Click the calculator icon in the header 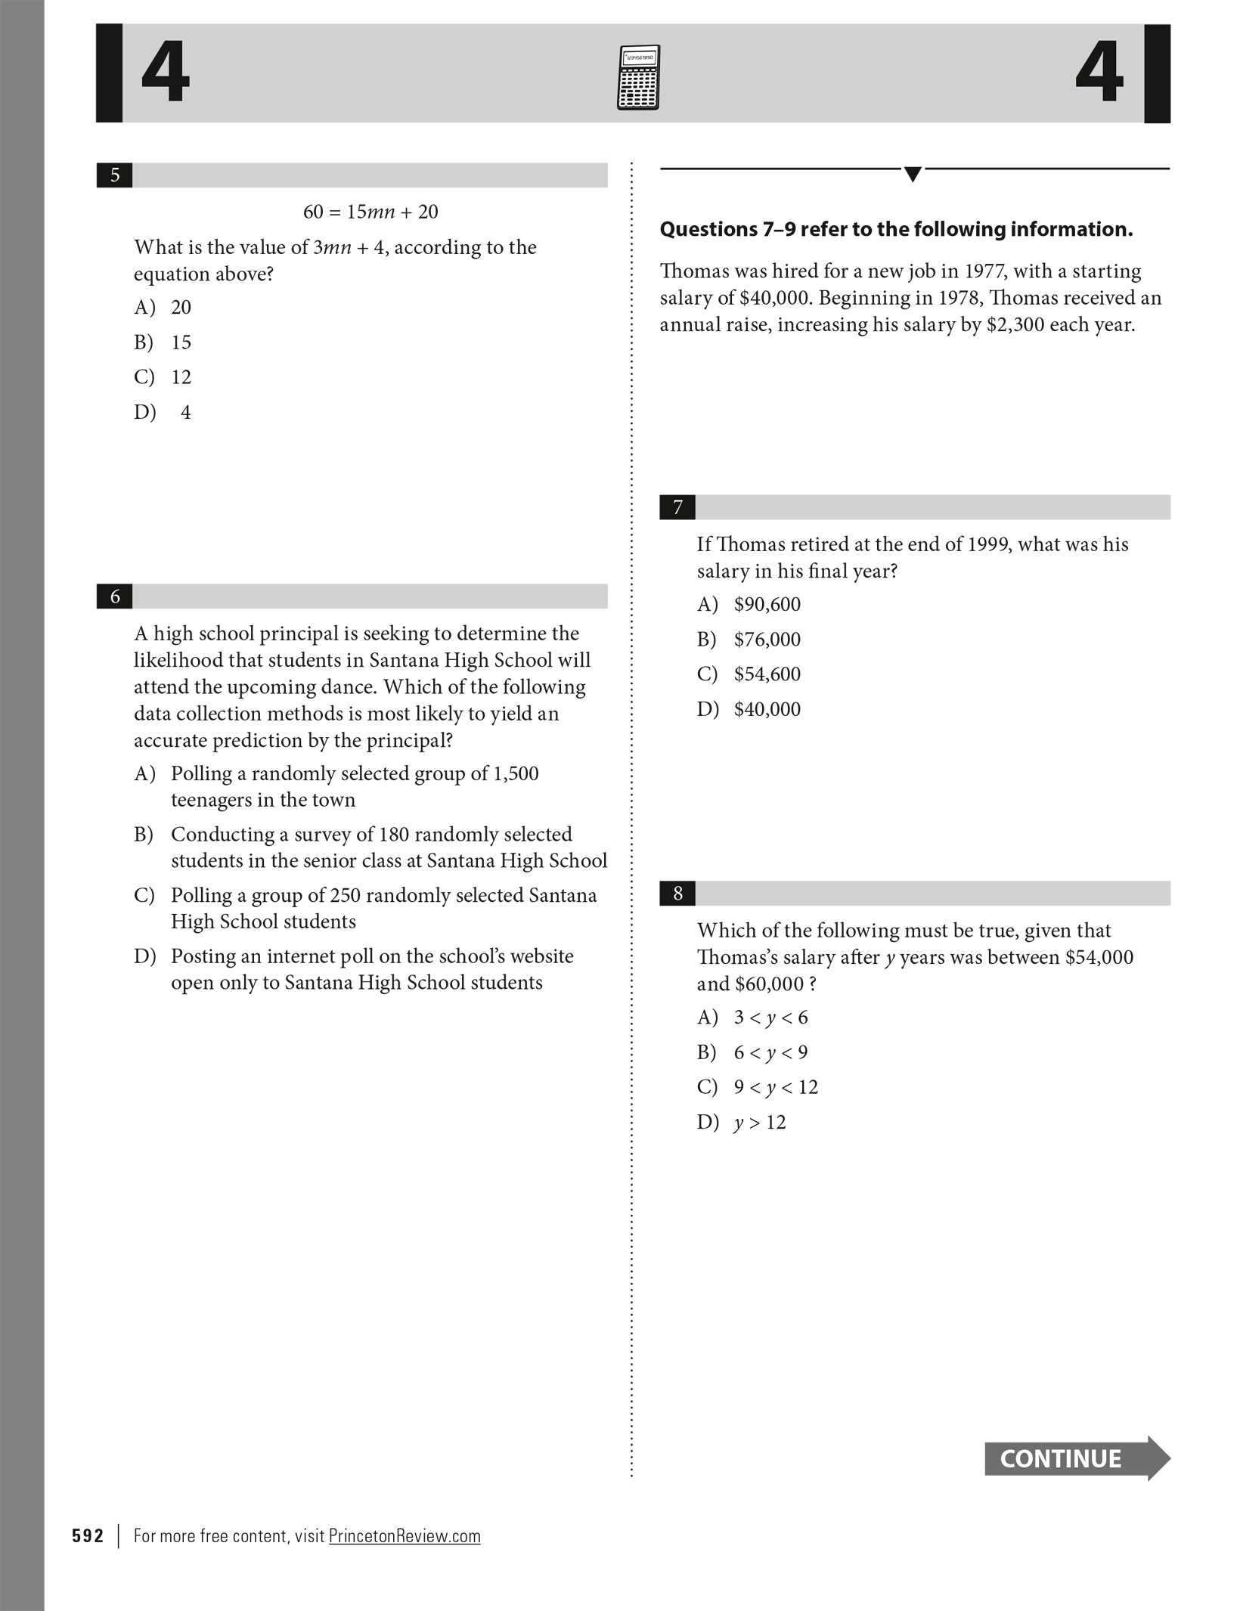(x=638, y=77)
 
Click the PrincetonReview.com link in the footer (x=405, y=1536)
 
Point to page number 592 (x=88, y=1536)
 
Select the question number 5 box (x=115, y=175)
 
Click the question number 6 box (x=115, y=596)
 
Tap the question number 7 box (x=677, y=507)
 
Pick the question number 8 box (x=677, y=894)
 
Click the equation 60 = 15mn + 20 (x=370, y=212)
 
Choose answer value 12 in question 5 (x=181, y=377)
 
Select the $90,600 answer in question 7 (x=767, y=605)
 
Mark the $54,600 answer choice (x=767, y=674)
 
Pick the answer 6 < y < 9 (x=770, y=1052)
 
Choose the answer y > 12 (x=760, y=1123)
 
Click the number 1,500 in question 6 (x=516, y=773)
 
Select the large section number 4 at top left (x=165, y=73)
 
